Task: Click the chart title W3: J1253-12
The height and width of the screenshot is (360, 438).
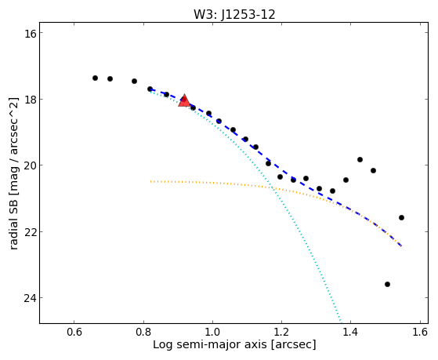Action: click(234, 14)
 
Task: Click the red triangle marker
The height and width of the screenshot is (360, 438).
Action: click(184, 101)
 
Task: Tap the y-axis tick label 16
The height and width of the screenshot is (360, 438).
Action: click(28, 33)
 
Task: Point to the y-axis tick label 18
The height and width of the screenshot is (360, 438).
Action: click(28, 100)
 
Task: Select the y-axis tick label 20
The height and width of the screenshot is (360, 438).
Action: click(28, 165)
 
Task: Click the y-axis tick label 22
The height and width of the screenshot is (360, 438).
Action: click(28, 232)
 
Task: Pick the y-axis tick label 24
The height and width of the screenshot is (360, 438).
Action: click(28, 298)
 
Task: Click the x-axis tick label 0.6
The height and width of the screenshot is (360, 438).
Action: click(74, 332)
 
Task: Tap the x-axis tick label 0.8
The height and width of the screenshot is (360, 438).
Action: click(143, 332)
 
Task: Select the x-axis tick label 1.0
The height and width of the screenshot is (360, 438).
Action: click(212, 332)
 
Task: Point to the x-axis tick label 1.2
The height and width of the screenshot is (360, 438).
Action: click(281, 332)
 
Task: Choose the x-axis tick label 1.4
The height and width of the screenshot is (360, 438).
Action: click(350, 332)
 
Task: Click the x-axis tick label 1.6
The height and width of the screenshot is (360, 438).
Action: click(420, 332)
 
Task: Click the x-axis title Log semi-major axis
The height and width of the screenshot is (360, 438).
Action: click(210, 345)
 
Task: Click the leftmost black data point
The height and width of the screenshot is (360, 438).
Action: click(95, 78)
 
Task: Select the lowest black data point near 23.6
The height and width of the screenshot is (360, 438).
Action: click(387, 285)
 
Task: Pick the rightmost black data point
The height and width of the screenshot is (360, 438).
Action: click(401, 217)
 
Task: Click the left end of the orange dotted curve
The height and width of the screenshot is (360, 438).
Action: click(151, 181)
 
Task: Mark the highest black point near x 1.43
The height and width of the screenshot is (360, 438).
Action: click(360, 160)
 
